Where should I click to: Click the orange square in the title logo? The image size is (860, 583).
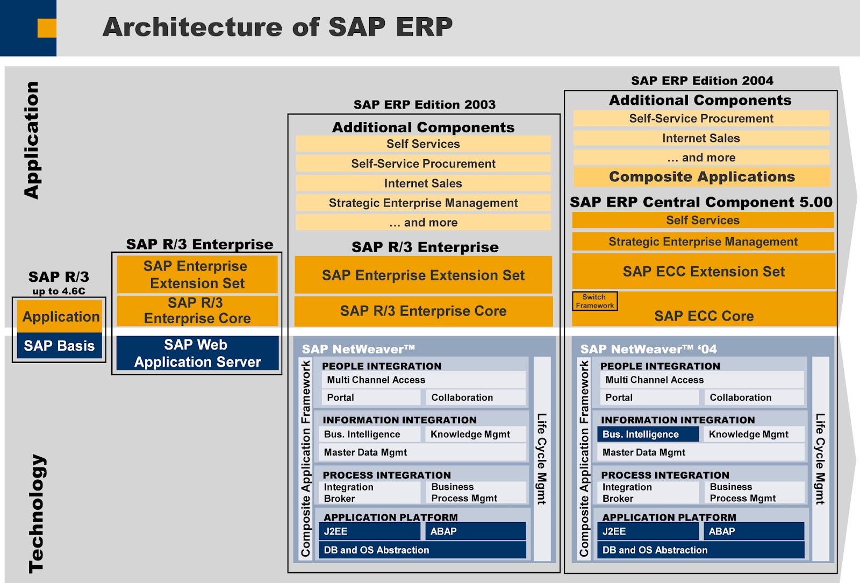(47, 28)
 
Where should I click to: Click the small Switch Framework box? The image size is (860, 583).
(594, 301)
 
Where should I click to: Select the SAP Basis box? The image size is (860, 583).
(59, 346)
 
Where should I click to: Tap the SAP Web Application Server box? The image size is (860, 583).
(197, 353)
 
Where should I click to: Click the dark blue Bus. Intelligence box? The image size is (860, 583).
(647, 434)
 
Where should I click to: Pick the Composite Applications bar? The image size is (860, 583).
(701, 177)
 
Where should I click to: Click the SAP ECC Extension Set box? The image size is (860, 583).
(703, 272)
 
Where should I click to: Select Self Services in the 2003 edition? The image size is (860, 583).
(423, 144)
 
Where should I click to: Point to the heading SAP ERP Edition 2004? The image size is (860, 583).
(702, 81)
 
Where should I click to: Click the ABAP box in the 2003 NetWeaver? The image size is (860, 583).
(475, 531)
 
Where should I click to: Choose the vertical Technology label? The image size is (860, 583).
(37, 514)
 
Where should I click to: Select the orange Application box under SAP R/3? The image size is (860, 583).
(61, 317)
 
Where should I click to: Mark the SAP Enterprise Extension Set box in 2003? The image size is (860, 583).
(423, 275)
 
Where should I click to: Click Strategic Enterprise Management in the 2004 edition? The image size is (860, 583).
(703, 242)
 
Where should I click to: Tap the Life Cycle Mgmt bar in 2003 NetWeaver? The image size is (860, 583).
(542, 459)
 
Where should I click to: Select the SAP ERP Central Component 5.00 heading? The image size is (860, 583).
(701, 202)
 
